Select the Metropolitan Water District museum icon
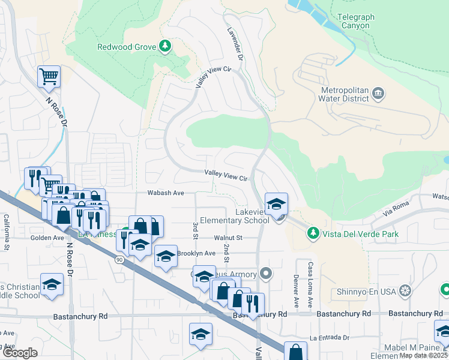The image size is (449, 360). click(378, 93)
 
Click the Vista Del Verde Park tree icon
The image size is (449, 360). click(312, 232)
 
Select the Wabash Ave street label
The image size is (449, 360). click(166, 193)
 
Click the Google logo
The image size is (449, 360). click(20, 353)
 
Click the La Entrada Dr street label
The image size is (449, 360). click(330, 338)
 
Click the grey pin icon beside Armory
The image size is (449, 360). click(267, 275)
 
